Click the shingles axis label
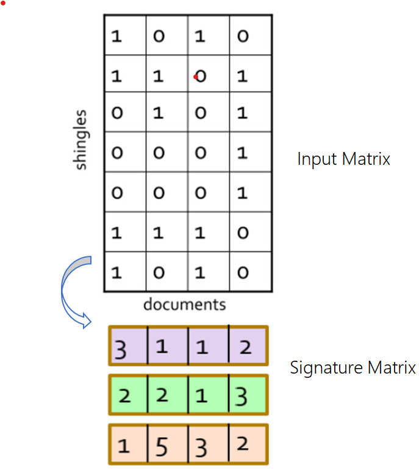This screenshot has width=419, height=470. click(x=81, y=140)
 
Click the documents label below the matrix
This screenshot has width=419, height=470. click(x=184, y=304)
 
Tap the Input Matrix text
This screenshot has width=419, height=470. click(x=343, y=159)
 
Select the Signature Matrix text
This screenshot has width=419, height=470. click(x=353, y=368)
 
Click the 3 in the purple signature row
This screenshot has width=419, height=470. click(x=121, y=351)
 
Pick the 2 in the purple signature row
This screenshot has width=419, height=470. click(x=245, y=348)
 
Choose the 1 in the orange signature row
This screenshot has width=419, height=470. click(x=124, y=446)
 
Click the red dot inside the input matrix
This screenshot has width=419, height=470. click(x=195, y=77)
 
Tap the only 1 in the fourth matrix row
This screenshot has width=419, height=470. click(x=243, y=153)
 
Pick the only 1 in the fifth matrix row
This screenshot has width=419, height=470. click(x=243, y=193)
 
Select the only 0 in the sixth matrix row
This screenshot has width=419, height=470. click(x=243, y=233)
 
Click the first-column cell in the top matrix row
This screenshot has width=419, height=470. click(x=116, y=37)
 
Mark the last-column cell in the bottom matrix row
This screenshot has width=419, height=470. click(x=243, y=272)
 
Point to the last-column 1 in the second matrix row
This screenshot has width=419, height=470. click(x=243, y=76)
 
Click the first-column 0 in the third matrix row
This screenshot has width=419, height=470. click(x=116, y=114)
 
